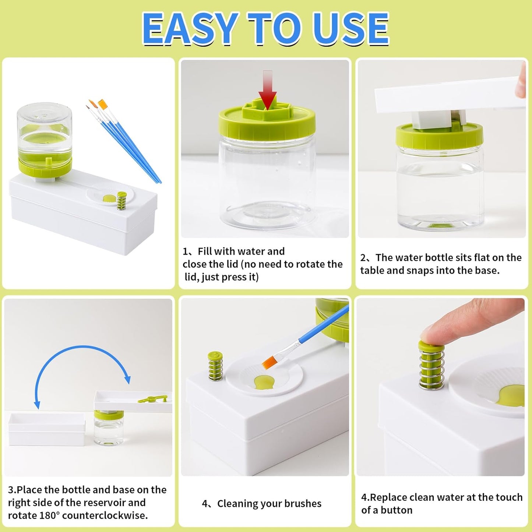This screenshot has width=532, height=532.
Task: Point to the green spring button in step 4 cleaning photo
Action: [x=215, y=366]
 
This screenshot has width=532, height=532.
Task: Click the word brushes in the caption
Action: [x=303, y=504]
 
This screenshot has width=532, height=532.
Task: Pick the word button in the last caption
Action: [x=396, y=510]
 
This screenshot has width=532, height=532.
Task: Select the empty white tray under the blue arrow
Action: [x=46, y=429]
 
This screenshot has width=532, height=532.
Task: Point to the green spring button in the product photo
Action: [x=121, y=201]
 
